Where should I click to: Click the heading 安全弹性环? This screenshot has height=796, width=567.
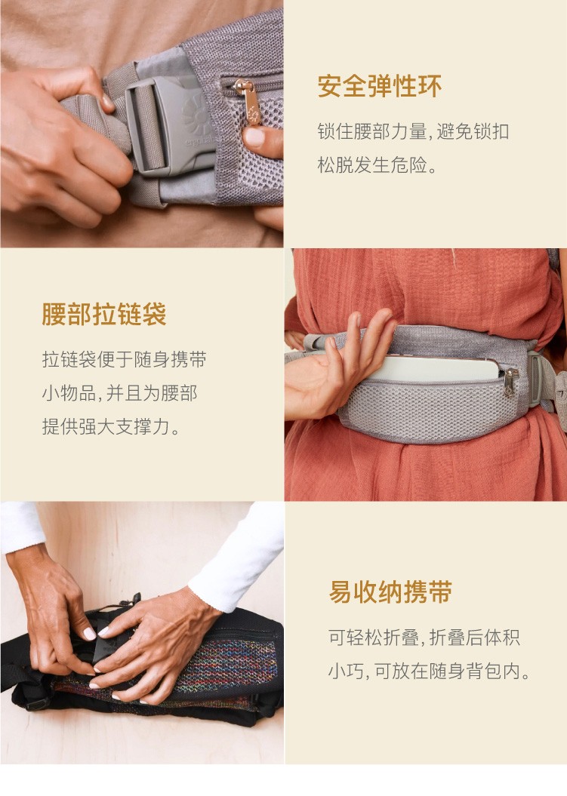pos(379,86)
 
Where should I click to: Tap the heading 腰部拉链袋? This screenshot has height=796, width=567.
pos(104,314)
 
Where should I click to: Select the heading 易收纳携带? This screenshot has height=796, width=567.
pos(390,592)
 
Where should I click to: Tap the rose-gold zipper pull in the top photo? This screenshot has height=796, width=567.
pos(249,102)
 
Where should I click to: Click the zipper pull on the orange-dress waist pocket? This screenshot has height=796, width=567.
pos(510,382)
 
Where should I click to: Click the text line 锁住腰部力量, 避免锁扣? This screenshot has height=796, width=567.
pos(413,131)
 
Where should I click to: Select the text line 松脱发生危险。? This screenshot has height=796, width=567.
pos(377,165)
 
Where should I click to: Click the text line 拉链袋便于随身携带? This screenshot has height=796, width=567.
pos(124,359)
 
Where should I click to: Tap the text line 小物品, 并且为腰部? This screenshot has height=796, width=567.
pos(119,393)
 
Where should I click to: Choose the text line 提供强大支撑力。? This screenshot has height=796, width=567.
pos(111,426)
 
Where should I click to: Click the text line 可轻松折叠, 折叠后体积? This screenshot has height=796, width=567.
pos(424,637)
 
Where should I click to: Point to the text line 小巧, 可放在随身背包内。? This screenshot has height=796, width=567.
pos(430,671)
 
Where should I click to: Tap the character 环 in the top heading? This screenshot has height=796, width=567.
pos(430,86)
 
